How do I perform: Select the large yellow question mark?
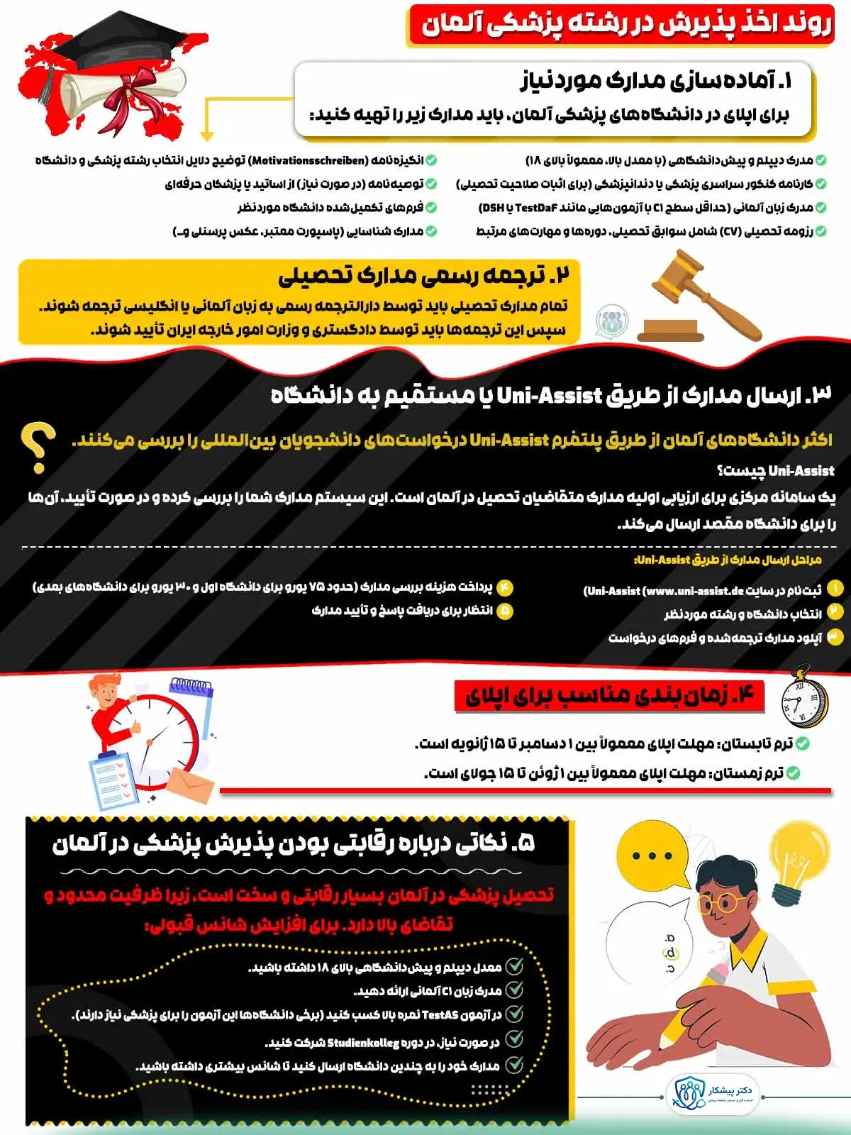click(x=39, y=447)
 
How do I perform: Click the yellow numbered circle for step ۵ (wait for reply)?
click(x=505, y=610)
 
